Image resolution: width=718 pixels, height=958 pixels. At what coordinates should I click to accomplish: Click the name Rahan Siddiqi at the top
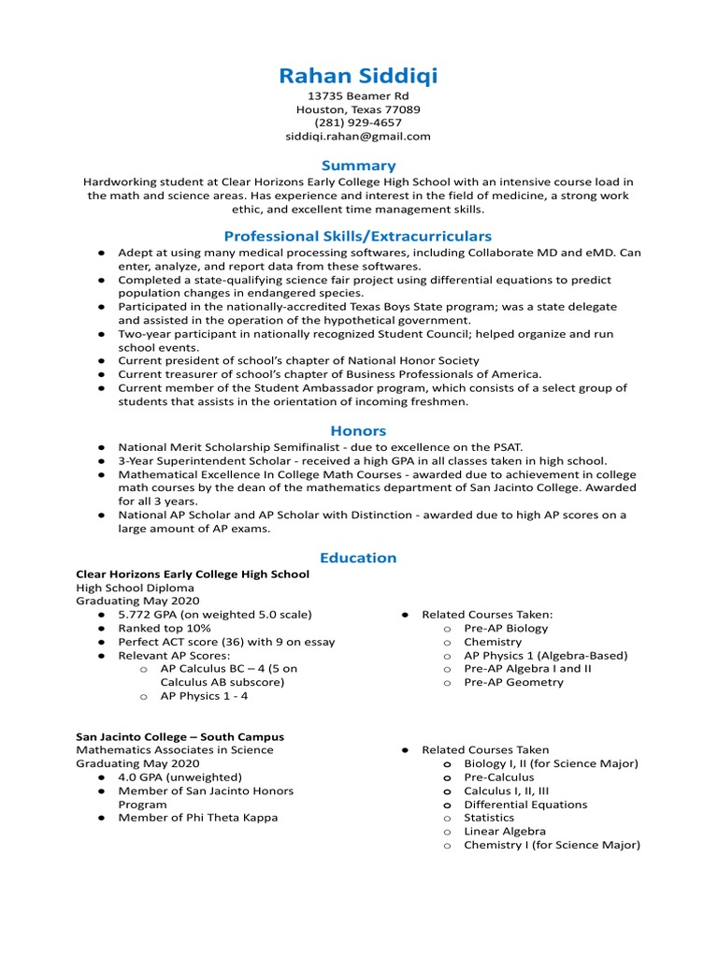point(358,76)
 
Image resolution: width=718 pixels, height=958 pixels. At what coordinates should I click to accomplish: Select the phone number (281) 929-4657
point(358,123)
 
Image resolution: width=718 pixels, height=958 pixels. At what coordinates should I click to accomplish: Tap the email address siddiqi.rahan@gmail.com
point(358,136)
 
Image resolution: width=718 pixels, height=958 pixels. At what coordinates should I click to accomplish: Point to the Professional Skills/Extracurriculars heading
point(358,237)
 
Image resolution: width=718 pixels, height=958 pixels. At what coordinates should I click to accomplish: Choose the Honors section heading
point(358,430)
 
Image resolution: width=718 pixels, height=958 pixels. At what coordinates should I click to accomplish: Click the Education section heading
point(358,558)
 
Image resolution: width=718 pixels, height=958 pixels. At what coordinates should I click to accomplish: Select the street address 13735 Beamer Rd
point(358,96)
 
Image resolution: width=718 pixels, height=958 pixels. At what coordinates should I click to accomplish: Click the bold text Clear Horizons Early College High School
point(193,574)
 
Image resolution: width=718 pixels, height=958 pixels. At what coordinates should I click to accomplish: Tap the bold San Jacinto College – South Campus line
point(179,736)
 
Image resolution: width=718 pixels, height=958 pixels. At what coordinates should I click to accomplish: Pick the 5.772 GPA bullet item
point(214,615)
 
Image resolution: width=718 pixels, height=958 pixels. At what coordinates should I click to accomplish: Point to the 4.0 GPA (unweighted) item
point(179,777)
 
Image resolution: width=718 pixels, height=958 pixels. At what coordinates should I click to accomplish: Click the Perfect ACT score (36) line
point(225,642)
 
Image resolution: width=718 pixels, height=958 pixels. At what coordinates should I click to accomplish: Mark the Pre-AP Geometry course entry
point(513,682)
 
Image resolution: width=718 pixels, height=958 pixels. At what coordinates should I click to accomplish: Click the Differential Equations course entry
point(525,805)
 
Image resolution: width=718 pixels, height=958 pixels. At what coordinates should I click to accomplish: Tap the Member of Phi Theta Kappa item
point(197,818)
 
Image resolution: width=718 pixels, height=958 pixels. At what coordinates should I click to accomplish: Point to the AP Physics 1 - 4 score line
point(204,696)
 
